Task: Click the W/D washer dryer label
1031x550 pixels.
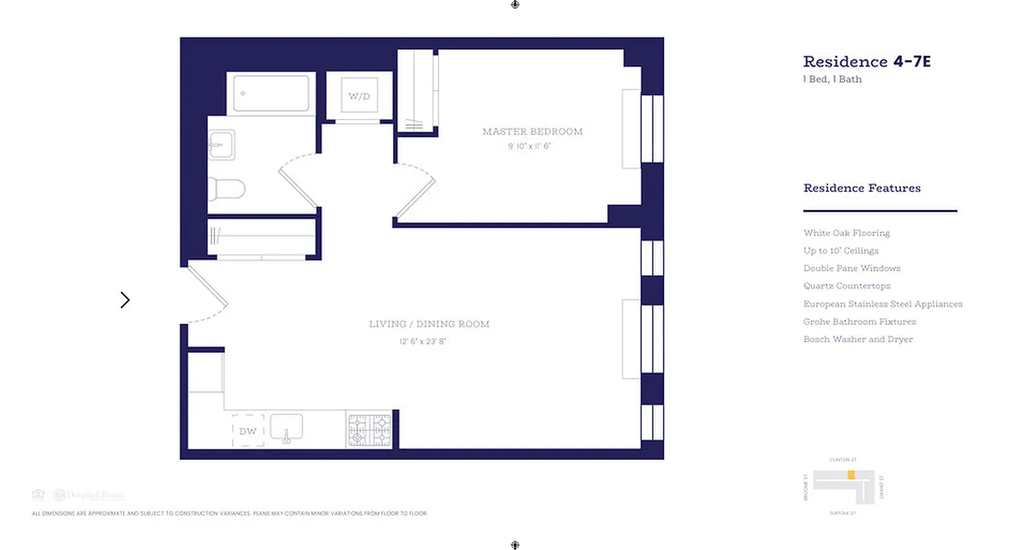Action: click(359, 96)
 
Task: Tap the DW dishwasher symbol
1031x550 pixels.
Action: click(248, 431)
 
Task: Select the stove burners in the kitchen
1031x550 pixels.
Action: click(369, 430)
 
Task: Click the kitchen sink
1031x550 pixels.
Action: click(287, 428)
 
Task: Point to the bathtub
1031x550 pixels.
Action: click(271, 93)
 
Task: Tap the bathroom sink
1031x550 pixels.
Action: click(222, 145)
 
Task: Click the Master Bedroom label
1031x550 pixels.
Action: click(532, 131)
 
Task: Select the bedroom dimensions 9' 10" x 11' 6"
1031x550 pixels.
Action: click(529, 146)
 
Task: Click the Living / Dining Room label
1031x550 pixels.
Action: click(429, 324)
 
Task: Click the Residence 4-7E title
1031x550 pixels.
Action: click(867, 62)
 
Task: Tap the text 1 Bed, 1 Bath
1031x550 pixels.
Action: click(832, 79)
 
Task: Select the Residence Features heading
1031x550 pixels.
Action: click(862, 188)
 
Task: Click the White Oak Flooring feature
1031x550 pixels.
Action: click(846, 233)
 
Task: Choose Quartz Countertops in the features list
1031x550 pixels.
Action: click(847, 286)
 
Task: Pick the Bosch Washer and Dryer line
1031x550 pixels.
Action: click(858, 339)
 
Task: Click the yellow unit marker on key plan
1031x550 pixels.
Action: click(851, 474)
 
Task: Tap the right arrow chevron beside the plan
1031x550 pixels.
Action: click(125, 300)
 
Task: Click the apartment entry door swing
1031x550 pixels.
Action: click(207, 294)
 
